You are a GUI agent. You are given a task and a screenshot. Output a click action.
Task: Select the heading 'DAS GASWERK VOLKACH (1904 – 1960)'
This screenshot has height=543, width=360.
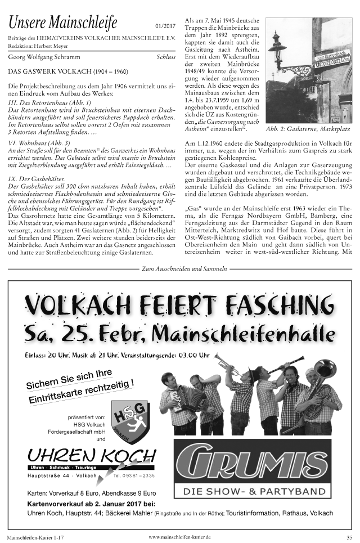point(68,72)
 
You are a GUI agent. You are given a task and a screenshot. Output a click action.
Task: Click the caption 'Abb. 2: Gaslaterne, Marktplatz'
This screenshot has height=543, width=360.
point(308,129)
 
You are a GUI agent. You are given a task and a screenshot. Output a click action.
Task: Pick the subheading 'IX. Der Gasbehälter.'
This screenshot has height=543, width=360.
point(37,178)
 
